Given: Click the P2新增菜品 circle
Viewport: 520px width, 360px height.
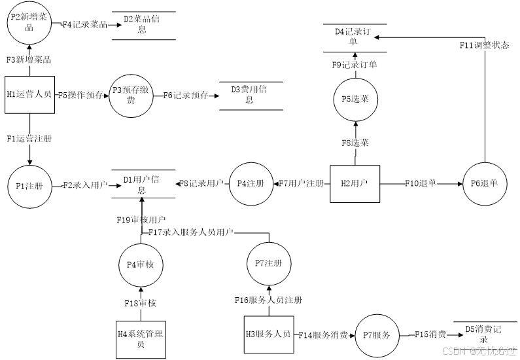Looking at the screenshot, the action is (x=29, y=22).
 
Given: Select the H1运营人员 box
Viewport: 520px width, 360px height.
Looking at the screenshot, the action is (x=29, y=94).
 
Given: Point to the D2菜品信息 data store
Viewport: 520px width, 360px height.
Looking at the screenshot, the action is (x=142, y=24).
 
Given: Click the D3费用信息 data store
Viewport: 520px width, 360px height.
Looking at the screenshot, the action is (x=249, y=94).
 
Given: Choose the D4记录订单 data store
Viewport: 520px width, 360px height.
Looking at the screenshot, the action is (x=353, y=37).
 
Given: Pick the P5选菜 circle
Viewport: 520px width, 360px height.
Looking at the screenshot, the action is (x=355, y=99).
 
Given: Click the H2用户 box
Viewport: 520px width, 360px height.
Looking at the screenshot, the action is (x=355, y=184).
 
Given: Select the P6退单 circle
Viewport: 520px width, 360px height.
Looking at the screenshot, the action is (x=484, y=184).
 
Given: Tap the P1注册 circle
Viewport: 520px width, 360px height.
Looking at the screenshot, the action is (x=29, y=186).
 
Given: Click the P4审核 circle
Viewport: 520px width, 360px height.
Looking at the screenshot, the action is (x=141, y=264).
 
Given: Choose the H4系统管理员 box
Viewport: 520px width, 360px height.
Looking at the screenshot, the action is (x=141, y=339).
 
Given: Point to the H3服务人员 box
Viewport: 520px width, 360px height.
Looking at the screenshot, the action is (x=268, y=334).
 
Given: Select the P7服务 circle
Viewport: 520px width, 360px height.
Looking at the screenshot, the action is (x=377, y=335).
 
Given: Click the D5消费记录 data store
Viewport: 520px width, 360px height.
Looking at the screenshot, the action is (x=483, y=334).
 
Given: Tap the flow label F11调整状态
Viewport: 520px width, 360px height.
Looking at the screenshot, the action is (x=484, y=45).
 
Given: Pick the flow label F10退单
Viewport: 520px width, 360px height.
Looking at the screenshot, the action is (x=421, y=184).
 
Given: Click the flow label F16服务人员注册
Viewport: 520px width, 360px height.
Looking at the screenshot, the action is (x=269, y=300).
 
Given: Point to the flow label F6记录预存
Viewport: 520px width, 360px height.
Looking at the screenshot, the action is (x=186, y=95).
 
